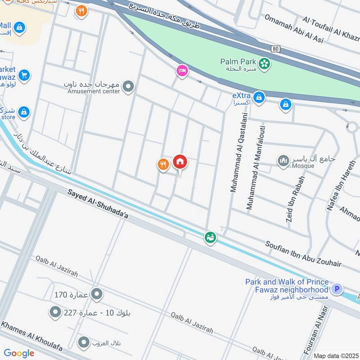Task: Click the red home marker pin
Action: click(x=180, y=162)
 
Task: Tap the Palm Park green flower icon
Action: click(x=265, y=64)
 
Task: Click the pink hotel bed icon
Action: click(x=182, y=71)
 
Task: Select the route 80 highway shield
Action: click(x=275, y=48)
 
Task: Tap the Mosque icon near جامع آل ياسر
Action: click(x=283, y=161)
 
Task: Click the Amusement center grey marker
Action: click(x=129, y=86)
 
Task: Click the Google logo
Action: click(x=19, y=353)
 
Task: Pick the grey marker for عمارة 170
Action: click(x=96, y=295)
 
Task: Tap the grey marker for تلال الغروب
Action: click(x=84, y=343)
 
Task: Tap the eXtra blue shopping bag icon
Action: click(x=259, y=96)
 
